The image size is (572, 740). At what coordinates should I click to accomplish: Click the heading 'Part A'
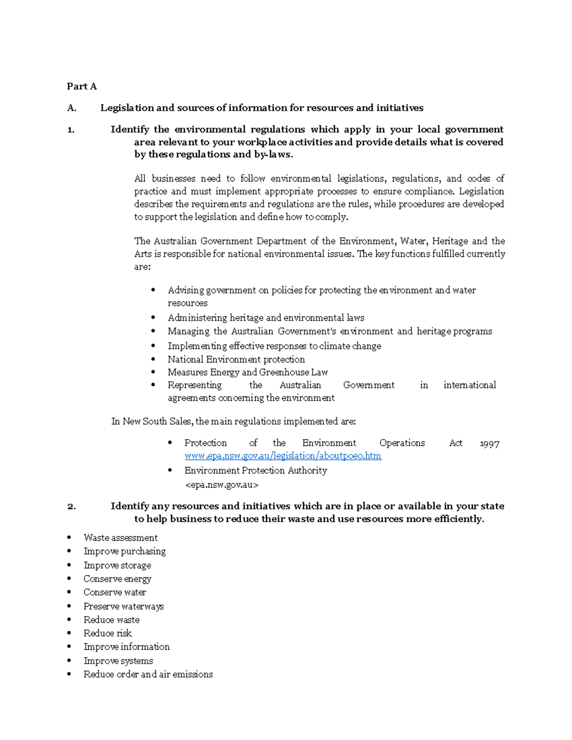[82, 86]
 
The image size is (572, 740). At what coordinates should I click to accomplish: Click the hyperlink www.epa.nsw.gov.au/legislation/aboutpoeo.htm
[283, 456]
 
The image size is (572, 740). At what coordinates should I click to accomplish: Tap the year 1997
[489, 444]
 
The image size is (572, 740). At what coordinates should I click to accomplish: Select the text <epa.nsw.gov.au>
[221, 485]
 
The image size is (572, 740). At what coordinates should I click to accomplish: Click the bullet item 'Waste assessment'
[120, 538]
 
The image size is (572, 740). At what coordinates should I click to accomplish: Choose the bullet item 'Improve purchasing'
[124, 551]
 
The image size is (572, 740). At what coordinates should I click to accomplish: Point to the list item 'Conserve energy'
[117, 579]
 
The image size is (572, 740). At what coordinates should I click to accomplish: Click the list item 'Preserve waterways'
[123, 607]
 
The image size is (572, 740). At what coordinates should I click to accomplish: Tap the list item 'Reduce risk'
[107, 633]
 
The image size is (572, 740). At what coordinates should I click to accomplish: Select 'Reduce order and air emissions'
[148, 674]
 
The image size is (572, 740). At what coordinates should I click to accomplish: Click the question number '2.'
[71, 507]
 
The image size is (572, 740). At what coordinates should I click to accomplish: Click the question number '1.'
[71, 130]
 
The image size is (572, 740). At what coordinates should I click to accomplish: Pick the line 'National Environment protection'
[236, 359]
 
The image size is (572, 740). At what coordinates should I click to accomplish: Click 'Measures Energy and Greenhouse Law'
[247, 372]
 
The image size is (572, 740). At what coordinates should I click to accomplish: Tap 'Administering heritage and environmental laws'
[266, 318]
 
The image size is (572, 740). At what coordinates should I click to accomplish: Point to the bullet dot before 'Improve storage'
[69, 565]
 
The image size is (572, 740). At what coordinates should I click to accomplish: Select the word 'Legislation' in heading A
[127, 108]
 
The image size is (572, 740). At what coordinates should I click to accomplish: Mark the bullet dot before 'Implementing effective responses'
[153, 346]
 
